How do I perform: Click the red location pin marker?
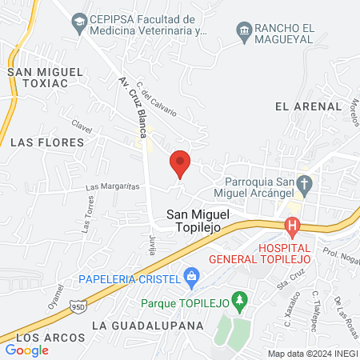[180, 163]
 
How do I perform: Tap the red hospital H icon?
[293, 226]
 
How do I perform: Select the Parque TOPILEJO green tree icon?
[238, 302]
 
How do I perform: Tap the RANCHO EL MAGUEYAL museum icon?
[245, 31]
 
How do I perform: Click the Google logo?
[27, 350]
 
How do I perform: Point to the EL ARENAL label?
[302, 106]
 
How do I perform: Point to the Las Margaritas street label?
[113, 186]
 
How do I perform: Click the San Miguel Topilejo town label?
[198, 220]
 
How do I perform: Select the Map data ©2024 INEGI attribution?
[312, 353]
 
